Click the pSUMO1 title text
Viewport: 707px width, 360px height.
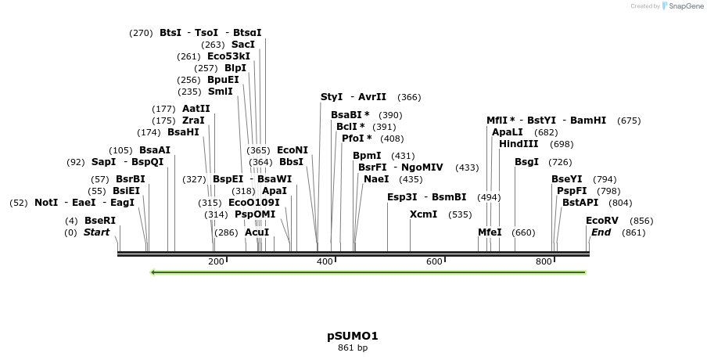(x=353, y=336)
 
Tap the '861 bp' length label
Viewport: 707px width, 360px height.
(x=353, y=347)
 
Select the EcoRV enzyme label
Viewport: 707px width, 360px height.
(x=602, y=221)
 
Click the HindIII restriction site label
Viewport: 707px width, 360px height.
(x=519, y=144)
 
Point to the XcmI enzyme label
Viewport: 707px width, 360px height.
(x=423, y=214)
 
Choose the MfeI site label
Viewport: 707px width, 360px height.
(x=490, y=232)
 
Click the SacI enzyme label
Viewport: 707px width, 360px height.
(x=242, y=45)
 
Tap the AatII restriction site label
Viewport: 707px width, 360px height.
(x=196, y=109)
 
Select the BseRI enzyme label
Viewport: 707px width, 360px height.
(x=100, y=221)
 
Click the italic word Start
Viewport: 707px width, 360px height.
(x=96, y=232)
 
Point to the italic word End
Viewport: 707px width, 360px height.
(x=601, y=232)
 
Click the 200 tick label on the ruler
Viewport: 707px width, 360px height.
(x=216, y=261)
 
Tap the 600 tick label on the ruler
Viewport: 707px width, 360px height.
(x=435, y=261)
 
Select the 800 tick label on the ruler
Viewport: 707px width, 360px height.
(x=544, y=261)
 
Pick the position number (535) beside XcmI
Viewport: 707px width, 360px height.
(x=460, y=214)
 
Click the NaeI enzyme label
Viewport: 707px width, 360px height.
(x=376, y=179)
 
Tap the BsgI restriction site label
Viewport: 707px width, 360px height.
(x=526, y=162)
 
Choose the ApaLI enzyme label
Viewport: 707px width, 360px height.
(x=508, y=132)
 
